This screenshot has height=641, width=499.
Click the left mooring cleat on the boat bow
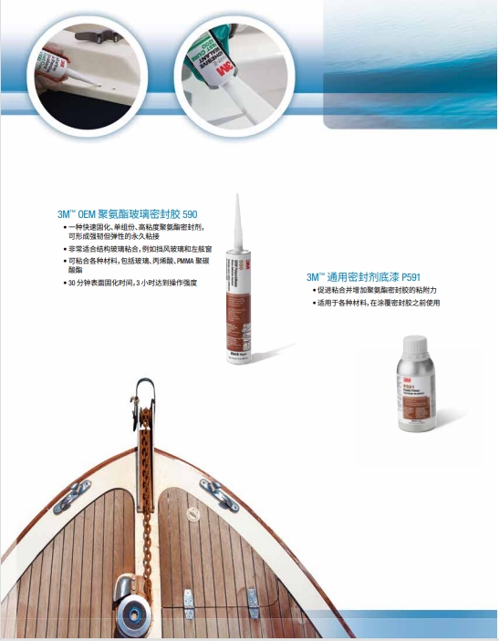click(71, 497)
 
